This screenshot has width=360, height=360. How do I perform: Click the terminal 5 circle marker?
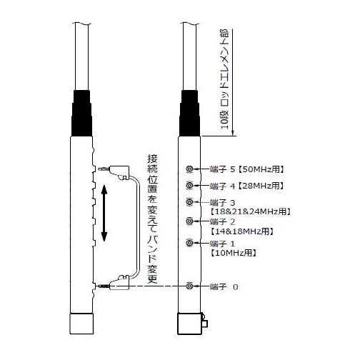[x=189, y=169]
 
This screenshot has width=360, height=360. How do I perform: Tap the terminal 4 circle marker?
[x=189, y=185]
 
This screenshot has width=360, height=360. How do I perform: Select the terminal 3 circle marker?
[x=189, y=202]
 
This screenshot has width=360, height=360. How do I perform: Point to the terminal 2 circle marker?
[x=189, y=221]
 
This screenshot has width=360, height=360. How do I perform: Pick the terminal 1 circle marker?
[x=189, y=243]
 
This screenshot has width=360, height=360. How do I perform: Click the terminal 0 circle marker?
[x=189, y=286]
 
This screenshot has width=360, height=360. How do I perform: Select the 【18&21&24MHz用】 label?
[x=250, y=211]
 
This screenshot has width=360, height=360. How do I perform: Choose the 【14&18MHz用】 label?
[x=241, y=231]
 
